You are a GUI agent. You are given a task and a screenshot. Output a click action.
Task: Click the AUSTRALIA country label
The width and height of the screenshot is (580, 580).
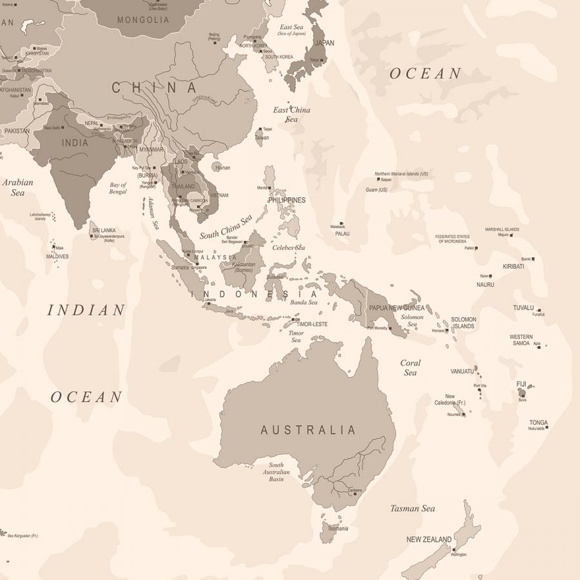click(308, 430)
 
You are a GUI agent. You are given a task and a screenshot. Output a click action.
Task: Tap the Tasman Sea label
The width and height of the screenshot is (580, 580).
click(412, 508)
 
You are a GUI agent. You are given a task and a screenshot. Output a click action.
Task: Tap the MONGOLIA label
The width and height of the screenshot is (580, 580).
click(143, 20)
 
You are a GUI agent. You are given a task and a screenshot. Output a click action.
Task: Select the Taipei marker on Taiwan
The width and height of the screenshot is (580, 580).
click(260, 129)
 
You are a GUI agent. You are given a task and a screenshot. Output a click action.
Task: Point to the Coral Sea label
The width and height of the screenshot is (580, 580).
click(411, 367)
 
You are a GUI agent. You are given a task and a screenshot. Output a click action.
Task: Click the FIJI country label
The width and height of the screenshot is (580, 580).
click(521, 384)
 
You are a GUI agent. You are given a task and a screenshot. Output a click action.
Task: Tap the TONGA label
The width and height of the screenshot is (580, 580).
click(539, 423)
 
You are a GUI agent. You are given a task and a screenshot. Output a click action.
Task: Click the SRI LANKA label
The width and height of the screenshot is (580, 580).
click(103, 230)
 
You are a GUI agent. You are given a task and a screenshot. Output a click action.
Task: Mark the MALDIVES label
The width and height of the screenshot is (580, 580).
click(57, 256)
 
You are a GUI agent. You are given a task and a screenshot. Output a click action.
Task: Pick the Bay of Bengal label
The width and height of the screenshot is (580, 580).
click(118, 188)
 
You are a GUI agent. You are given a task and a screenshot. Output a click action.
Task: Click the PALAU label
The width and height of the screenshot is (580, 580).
click(342, 234)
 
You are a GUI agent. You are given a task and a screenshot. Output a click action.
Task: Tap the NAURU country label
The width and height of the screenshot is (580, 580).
click(485, 284)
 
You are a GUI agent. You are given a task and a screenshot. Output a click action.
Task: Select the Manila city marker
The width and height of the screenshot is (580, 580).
click(270, 188)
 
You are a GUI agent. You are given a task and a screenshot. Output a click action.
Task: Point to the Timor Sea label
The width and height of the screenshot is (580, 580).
click(296, 337)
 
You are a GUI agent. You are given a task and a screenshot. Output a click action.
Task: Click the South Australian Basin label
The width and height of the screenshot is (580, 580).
click(276, 472)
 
